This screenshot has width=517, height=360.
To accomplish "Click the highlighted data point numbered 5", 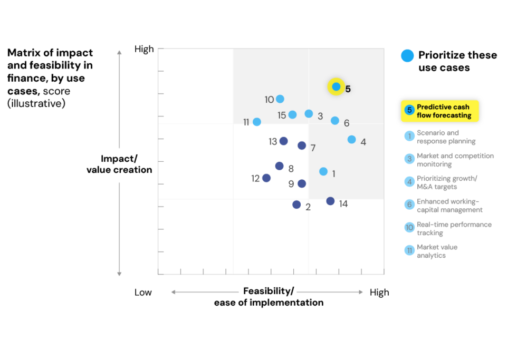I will click(336, 86).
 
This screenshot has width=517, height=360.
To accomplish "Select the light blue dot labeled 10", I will click(280, 99).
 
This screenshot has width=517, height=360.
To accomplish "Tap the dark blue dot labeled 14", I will click(330, 201).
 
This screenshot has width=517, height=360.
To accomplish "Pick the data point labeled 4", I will click(351, 140).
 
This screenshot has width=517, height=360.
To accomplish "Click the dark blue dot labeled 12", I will click(266, 178).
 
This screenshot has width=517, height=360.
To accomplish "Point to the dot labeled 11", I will click(257, 122).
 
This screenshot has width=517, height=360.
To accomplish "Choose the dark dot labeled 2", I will click(296, 205).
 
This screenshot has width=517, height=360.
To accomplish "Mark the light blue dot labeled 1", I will click(323, 171).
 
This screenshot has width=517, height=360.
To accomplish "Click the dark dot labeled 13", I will click(283, 141).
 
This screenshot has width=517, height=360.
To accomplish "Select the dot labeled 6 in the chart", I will click(335, 121).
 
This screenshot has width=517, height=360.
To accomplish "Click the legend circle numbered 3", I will click(409, 159).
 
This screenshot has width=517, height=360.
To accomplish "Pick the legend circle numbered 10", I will click(409, 228).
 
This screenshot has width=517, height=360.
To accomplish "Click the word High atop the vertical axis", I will click(144, 49).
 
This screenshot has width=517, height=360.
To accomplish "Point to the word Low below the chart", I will click(143, 293).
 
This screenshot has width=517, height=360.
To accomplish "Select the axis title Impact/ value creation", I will click(119, 164).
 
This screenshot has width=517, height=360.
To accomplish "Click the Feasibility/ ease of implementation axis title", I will click(269, 297).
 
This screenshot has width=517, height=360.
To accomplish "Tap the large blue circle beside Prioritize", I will click(407, 56).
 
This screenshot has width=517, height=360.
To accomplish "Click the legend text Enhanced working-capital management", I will click(449, 206).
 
